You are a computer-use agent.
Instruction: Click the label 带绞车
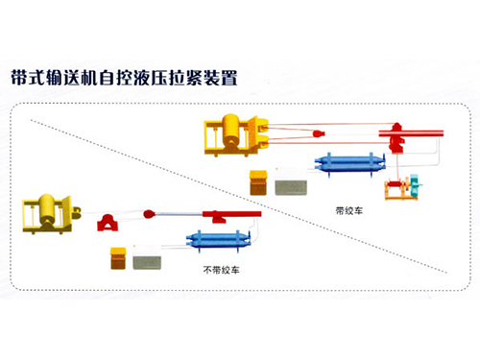coord(349,210)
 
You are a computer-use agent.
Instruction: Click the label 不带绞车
coord(221,270)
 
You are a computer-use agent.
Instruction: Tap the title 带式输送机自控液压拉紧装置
coord(124,78)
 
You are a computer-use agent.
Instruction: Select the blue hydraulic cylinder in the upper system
coord(349,163)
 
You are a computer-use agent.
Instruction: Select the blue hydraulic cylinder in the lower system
coord(218,240)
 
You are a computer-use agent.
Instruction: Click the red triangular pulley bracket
coord(108,223)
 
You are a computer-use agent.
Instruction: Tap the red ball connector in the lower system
coord(149,214)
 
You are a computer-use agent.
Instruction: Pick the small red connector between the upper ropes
coord(319,133)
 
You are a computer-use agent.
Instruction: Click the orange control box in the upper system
coord(258,182)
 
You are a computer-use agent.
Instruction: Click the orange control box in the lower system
coord(118,258)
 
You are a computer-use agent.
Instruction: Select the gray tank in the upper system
coord(291,187)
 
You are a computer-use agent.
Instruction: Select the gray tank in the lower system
coord(147,262)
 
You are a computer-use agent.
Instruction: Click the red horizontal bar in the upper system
coord(411,133)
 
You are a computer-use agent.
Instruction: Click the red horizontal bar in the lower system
coord(231,214)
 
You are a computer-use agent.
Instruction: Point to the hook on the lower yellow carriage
coord(76,212)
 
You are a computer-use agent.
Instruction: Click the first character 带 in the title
coord(19,78)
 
